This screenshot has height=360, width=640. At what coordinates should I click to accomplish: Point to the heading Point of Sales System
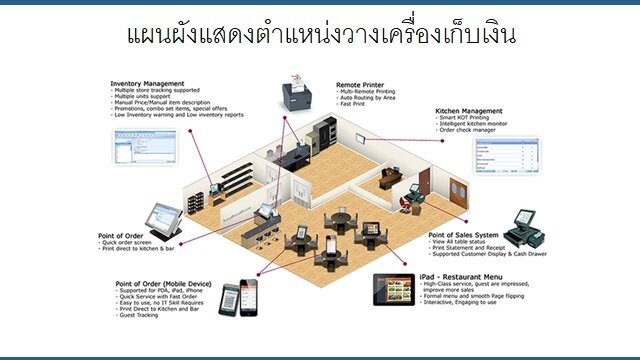click(465, 234)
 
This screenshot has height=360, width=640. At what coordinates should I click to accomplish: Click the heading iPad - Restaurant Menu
click(462, 277)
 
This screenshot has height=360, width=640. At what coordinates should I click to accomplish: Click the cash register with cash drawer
click(529, 229)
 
